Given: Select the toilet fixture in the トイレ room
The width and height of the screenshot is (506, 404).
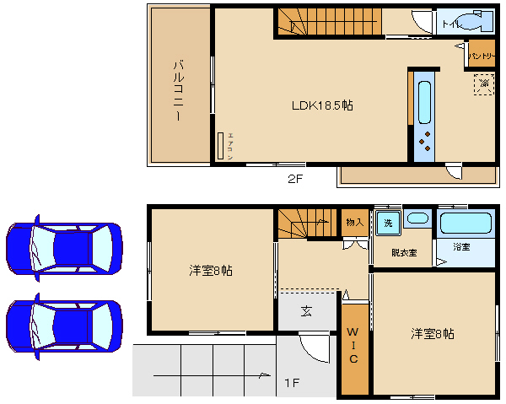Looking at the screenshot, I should (x=471, y=21).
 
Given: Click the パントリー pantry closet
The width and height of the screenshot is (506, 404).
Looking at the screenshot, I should (x=481, y=54).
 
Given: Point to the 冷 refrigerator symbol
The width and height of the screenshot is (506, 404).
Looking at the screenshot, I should (x=483, y=83).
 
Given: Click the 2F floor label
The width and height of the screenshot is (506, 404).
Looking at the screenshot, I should (x=293, y=179).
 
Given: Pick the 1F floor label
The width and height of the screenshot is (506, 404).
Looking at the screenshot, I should (x=291, y=384).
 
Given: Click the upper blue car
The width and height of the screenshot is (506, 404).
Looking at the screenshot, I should (x=63, y=249).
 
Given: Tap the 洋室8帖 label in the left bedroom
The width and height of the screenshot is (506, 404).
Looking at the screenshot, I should (x=211, y=271).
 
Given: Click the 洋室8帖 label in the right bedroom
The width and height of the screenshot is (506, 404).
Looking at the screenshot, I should (x=433, y=333).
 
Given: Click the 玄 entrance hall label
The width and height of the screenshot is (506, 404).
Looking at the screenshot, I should (x=306, y=311).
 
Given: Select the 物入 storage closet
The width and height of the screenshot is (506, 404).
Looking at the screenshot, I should (x=354, y=223).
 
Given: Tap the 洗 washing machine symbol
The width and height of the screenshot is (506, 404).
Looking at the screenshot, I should (x=388, y=223).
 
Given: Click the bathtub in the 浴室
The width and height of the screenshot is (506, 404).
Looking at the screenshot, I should (x=466, y=224).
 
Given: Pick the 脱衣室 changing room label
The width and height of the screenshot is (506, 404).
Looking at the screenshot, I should (x=403, y=252).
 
